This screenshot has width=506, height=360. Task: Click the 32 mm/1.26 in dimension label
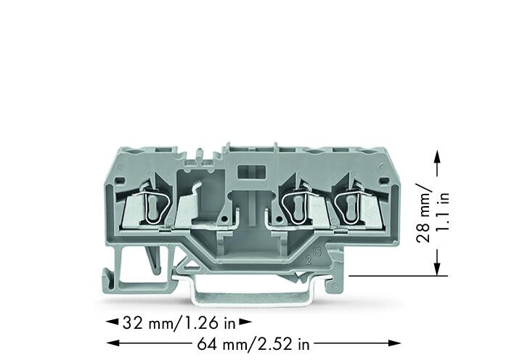pyautogui.click(x=179, y=323)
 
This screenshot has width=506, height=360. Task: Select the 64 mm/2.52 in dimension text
pyautogui.click(x=253, y=344)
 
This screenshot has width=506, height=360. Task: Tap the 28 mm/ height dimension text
pyautogui.click(x=423, y=213)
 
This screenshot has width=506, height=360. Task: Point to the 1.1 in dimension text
pyautogui.click(x=442, y=212)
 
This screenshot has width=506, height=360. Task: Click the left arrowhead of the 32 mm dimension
pyautogui.click(x=113, y=322)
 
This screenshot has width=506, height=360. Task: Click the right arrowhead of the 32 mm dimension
pyautogui.click(x=245, y=322)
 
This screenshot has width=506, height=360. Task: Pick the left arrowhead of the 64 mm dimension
pyautogui.click(x=113, y=343)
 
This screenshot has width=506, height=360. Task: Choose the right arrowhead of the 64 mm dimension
pyautogui.click(x=394, y=343)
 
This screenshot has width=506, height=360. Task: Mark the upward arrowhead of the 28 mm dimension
pyautogui.click(x=437, y=158)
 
